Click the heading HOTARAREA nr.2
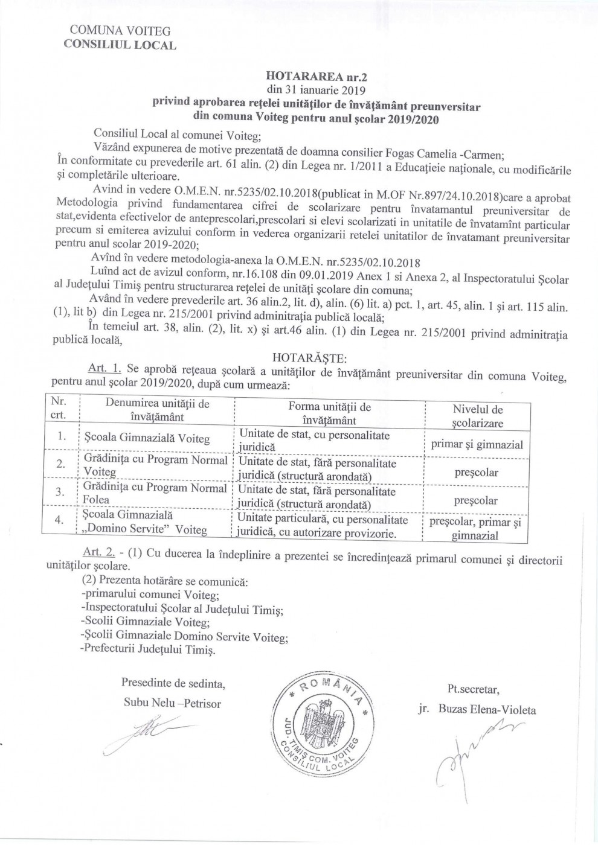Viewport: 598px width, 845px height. [316, 77]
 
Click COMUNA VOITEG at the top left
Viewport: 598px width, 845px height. [120, 31]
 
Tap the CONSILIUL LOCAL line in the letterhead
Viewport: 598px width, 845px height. [120, 45]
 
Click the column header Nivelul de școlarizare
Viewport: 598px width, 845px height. [477, 416]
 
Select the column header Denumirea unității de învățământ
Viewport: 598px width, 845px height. [157, 410]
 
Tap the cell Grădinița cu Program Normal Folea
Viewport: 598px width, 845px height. [155, 493]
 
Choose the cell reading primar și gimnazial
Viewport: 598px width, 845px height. [477, 445]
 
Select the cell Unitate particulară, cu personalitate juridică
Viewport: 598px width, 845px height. [323, 526]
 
